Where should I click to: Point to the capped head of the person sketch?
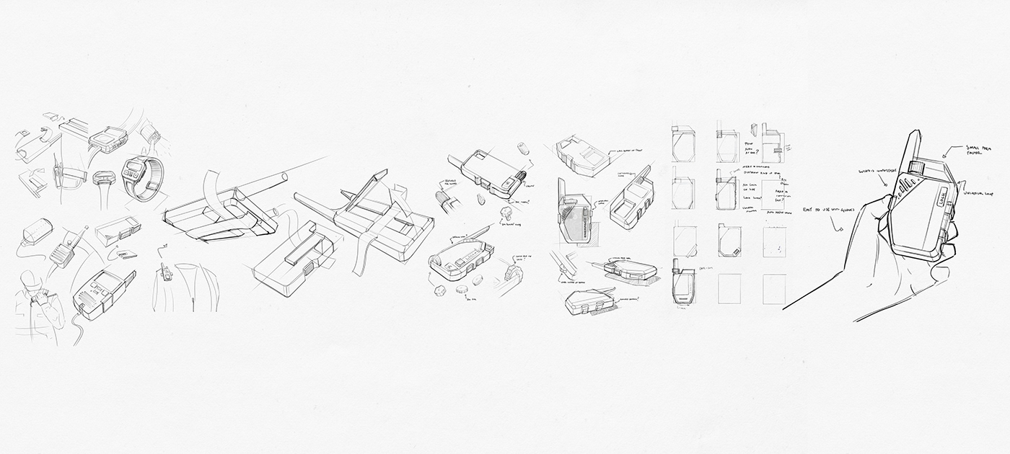(x=30, y=277)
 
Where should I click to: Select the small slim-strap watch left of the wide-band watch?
(x=103, y=177)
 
